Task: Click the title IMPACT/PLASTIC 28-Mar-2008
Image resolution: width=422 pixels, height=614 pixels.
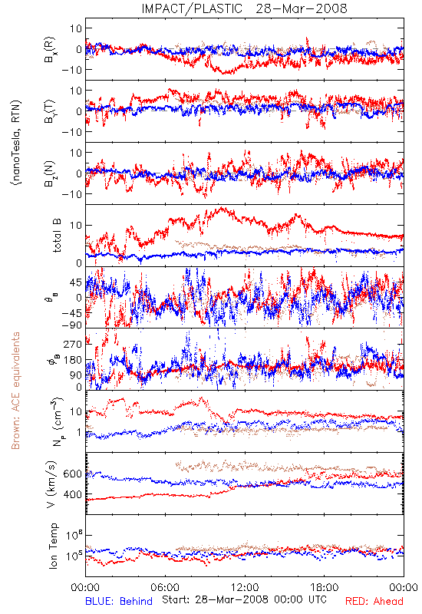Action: tap(244, 8)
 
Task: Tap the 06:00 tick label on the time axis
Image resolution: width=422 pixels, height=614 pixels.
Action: tap(165, 587)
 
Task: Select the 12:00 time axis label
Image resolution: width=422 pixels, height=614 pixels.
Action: tap(245, 587)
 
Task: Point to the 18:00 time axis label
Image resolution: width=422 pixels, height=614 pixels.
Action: tap(325, 587)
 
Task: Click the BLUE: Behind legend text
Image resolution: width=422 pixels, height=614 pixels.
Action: tap(119, 601)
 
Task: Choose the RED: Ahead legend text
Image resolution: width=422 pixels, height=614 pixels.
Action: tap(374, 601)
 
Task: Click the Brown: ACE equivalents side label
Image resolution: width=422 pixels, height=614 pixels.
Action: tap(15, 391)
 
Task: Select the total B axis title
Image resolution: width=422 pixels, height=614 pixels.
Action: tap(57, 236)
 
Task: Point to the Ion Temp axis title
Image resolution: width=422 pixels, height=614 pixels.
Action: tap(53, 546)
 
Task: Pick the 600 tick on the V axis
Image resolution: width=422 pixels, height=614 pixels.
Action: tap(72, 474)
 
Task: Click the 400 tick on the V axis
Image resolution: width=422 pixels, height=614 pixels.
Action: tap(72, 494)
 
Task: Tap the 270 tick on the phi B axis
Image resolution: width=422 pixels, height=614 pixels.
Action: tap(73, 344)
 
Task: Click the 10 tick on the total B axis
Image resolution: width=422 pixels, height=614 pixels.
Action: tap(76, 225)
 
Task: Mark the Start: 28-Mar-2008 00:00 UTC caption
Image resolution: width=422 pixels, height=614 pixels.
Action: tap(244, 599)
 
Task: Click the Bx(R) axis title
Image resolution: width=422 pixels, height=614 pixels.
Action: tap(49, 50)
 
